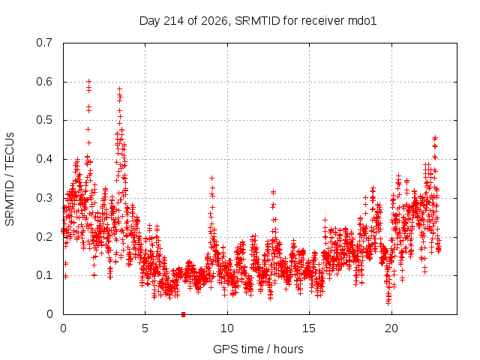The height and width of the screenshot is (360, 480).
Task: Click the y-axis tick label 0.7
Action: click(x=44, y=43)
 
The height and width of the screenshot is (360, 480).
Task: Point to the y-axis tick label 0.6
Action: click(x=44, y=82)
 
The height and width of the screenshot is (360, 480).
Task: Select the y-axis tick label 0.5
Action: click(x=44, y=120)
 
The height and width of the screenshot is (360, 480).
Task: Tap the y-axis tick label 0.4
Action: click(x=44, y=159)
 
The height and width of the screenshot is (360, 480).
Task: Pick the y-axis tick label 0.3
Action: click(x=44, y=198)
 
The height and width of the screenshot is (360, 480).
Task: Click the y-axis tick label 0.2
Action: click(x=44, y=237)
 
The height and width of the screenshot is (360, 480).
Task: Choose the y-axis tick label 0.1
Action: click(x=44, y=275)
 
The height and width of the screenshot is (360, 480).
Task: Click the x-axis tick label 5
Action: click(x=145, y=328)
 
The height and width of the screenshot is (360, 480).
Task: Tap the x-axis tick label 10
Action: click(x=227, y=328)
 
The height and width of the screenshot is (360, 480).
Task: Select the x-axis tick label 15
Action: click(x=309, y=328)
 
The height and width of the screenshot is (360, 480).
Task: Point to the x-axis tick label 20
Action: click(x=391, y=328)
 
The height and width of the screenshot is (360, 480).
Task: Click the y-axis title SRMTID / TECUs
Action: click(x=10, y=179)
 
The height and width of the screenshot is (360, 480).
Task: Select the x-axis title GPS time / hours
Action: click(x=258, y=349)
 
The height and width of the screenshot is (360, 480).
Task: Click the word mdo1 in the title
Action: click(x=362, y=21)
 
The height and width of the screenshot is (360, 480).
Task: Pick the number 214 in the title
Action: click(x=173, y=21)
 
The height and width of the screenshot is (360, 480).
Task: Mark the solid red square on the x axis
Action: click(x=183, y=314)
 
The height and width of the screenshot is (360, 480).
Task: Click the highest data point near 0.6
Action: click(x=88, y=82)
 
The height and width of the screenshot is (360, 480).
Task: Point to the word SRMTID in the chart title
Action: click(x=257, y=21)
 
